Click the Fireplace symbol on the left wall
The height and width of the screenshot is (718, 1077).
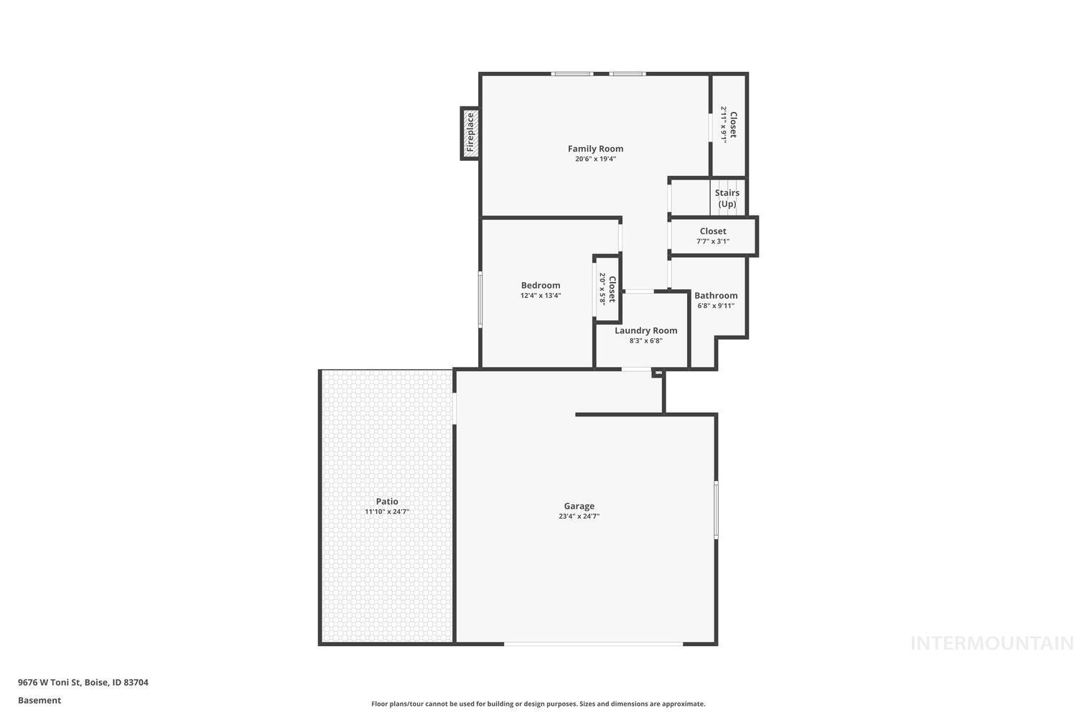tap(470, 133)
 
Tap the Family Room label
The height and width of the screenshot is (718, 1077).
tap(595, 149)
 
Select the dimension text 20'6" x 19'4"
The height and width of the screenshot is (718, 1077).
tap(595, 159)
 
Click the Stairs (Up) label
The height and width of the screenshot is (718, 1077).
tap(727, 198)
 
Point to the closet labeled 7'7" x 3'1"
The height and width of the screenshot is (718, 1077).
tap(713, 236)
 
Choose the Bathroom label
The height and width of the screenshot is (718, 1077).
tap(715, 295)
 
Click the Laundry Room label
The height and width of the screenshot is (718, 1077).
tap(645, 330)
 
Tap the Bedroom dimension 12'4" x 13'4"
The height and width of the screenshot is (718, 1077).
tap(540, 296)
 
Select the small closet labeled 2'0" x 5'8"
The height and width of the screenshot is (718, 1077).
tap(607, 288)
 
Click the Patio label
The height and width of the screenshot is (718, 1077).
tap(386, 501)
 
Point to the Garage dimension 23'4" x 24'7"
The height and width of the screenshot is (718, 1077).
tap(579, 516)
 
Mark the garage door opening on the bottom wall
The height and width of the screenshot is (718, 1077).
tap(593, 644)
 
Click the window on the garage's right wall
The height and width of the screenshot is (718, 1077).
tap(716, 510)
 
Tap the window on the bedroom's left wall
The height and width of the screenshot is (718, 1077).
tap(480, 299)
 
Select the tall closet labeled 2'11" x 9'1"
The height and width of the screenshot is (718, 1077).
tap(729, 126)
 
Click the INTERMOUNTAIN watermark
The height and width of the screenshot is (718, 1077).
tap(992, 643)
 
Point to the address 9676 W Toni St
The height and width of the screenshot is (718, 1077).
tap(83, 683)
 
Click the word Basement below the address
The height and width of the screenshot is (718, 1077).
tap(39, 701)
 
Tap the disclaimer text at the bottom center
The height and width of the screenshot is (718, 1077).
tap(538, 704)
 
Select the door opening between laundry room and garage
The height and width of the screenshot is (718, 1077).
tap(635, 369)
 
